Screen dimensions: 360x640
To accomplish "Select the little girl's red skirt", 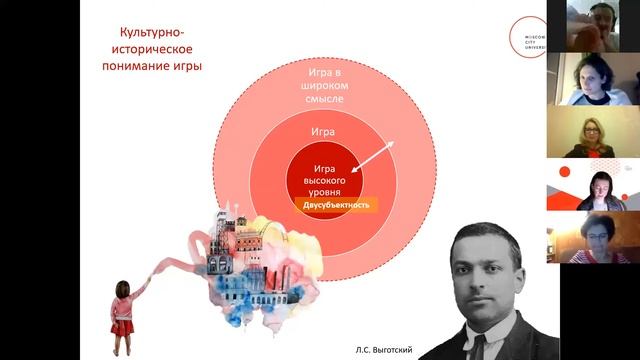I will click(x=123, y=326).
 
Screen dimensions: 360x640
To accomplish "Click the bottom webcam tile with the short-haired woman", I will click(x=592, y=237).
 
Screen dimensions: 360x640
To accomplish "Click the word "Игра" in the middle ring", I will click(x=322, y=131).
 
